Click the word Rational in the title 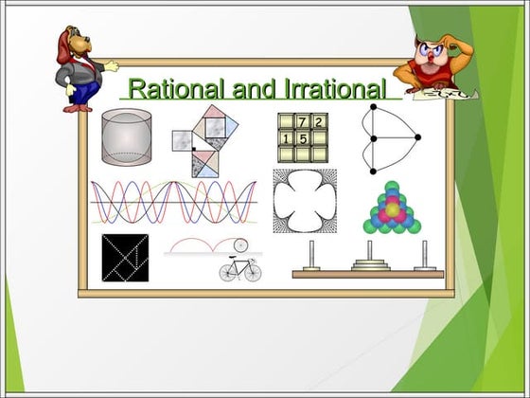[176, 89]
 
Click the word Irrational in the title [335, 89]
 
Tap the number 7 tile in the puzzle [302, 121]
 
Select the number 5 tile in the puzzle [302, 138]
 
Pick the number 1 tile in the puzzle [286, 138]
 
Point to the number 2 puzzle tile [319, 121]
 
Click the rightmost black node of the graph [417, 137]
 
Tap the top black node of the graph [373, 107]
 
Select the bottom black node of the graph [373, 172]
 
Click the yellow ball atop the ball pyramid [393, 209]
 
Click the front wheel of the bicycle [253, 273]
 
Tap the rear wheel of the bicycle [228, 273]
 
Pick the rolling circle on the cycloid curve [240, 245]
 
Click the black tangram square [125, 258]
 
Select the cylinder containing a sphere [127, 137]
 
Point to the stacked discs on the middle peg [370, 265]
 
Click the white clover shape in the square [305, 201]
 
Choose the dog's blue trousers [83, 91]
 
